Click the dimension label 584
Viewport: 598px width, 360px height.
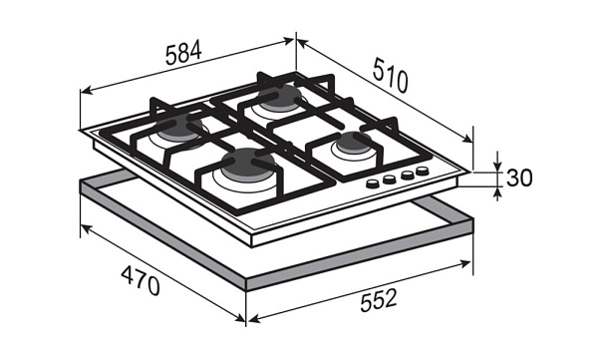[x=183, y=53]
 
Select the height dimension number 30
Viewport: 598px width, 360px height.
[x=519, y=178]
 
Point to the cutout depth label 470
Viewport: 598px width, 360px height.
[x=141, y=280]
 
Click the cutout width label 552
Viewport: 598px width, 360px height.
[x=379, y=300]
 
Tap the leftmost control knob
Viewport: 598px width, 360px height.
[x=373, y=184]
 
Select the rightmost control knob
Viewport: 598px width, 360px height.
[x=423, y=171]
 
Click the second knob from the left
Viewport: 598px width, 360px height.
[x=389, y=180]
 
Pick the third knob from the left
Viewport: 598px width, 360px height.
[x=407, y=176]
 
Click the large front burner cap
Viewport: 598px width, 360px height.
[x=248, y=164]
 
